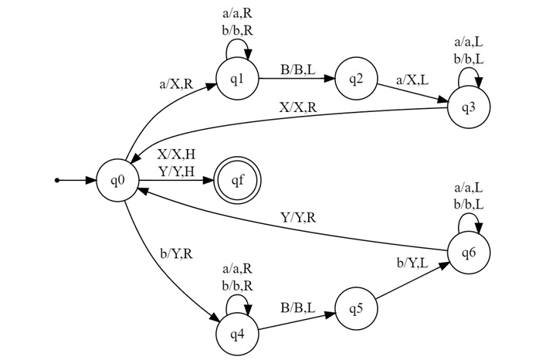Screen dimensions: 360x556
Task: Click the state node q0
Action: (x=118, y=181)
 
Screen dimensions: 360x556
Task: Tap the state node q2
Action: (x=356, y=78)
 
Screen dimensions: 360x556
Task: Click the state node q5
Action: (x=356, y=308)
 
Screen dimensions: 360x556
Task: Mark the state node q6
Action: (x=468, y=253)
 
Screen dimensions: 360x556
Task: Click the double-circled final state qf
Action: (x=237, y=181)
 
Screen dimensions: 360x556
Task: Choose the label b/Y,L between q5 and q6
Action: (x=413, y=263)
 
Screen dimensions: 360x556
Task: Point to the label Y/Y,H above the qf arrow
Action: (x=175, y=171)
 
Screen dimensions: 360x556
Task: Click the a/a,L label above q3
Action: (x=469, y=43)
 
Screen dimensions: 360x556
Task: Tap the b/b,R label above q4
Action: (x=238, y=285)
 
